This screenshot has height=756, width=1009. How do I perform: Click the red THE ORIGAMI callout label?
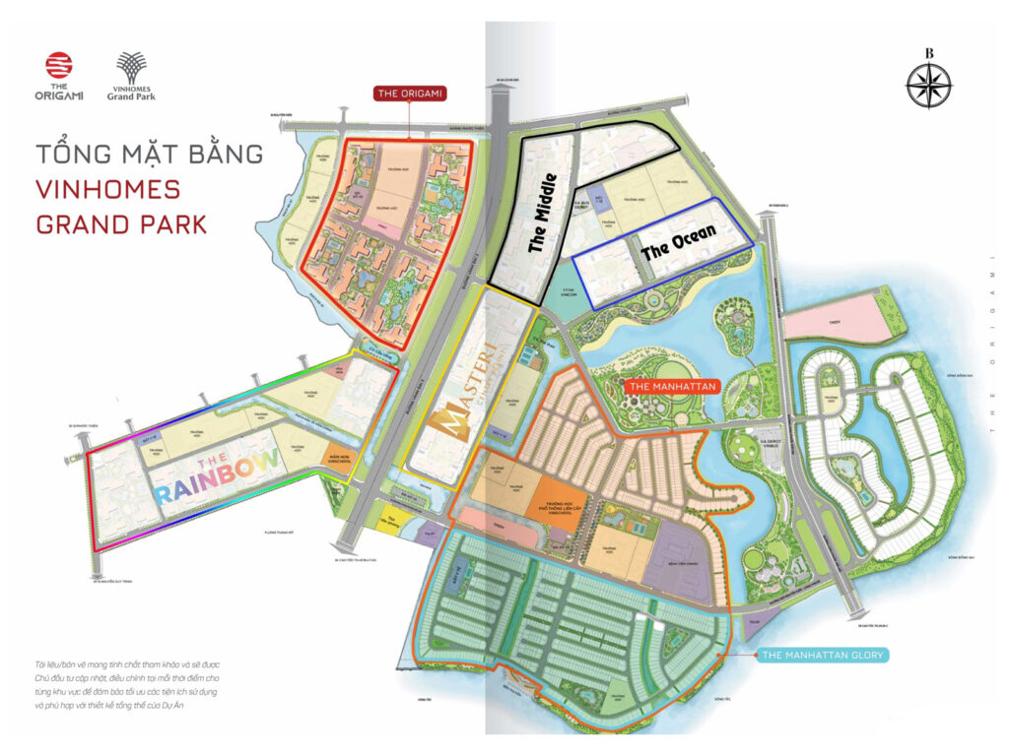click(411, 94)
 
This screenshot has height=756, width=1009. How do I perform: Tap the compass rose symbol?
click(928, 83)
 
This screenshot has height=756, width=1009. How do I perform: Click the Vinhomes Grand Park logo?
click(132, 77)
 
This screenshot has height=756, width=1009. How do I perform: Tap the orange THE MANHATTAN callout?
click(670, 387)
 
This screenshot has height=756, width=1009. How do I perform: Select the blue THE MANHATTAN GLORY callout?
click(825, 654)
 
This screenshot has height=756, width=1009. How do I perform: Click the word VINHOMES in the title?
click(107, 189)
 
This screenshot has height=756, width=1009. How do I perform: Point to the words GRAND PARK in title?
click(121, 223)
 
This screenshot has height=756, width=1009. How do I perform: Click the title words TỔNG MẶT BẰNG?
click(149, 155)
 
